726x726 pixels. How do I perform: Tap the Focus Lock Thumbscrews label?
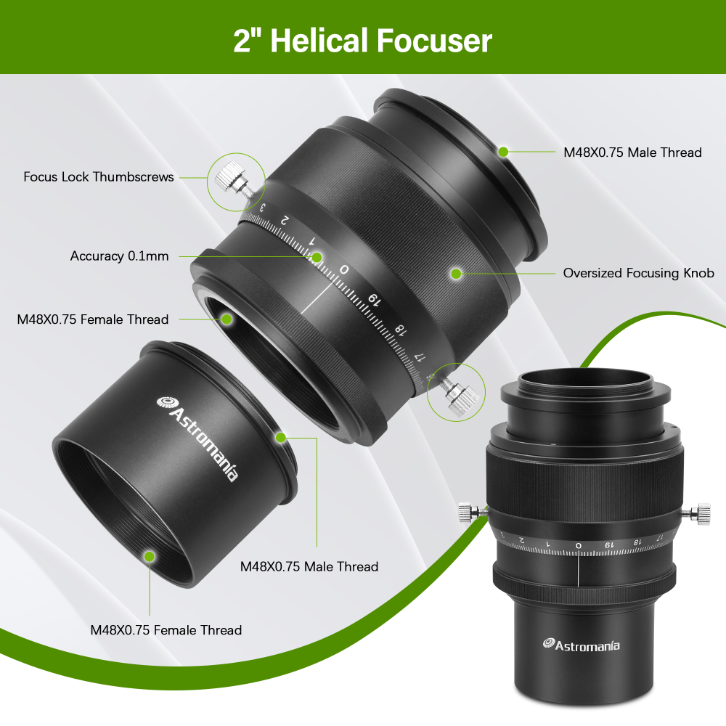point(99,176)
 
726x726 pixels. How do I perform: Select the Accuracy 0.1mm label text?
point(119,256)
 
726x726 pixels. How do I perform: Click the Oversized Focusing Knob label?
point(638,273)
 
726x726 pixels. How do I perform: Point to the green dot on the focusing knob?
point(456,274)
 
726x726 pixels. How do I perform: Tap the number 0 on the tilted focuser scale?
point(344,270)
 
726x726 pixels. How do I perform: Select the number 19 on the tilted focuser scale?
point(373,299)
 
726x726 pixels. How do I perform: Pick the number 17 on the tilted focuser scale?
point(419,356)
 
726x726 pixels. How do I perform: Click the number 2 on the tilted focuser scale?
point(285,219)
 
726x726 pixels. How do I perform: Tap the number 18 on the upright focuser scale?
point(637,542)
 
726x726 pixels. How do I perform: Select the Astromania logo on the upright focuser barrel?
point(582,644)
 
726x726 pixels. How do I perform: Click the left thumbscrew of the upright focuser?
point(468,514)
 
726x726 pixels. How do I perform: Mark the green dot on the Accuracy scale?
point(317,257)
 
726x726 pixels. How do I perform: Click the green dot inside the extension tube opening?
point(149,556)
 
